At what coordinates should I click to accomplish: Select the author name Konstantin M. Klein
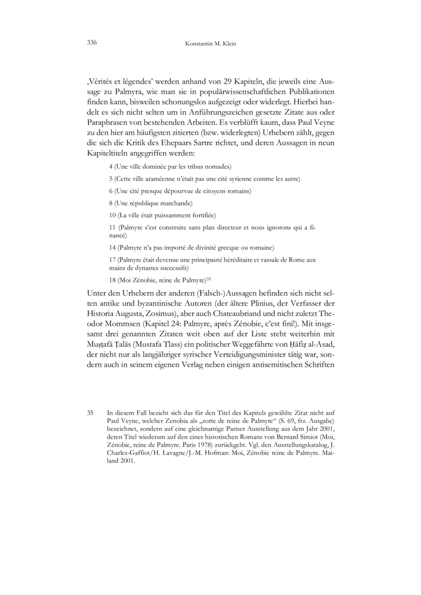(x=210, y=44)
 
